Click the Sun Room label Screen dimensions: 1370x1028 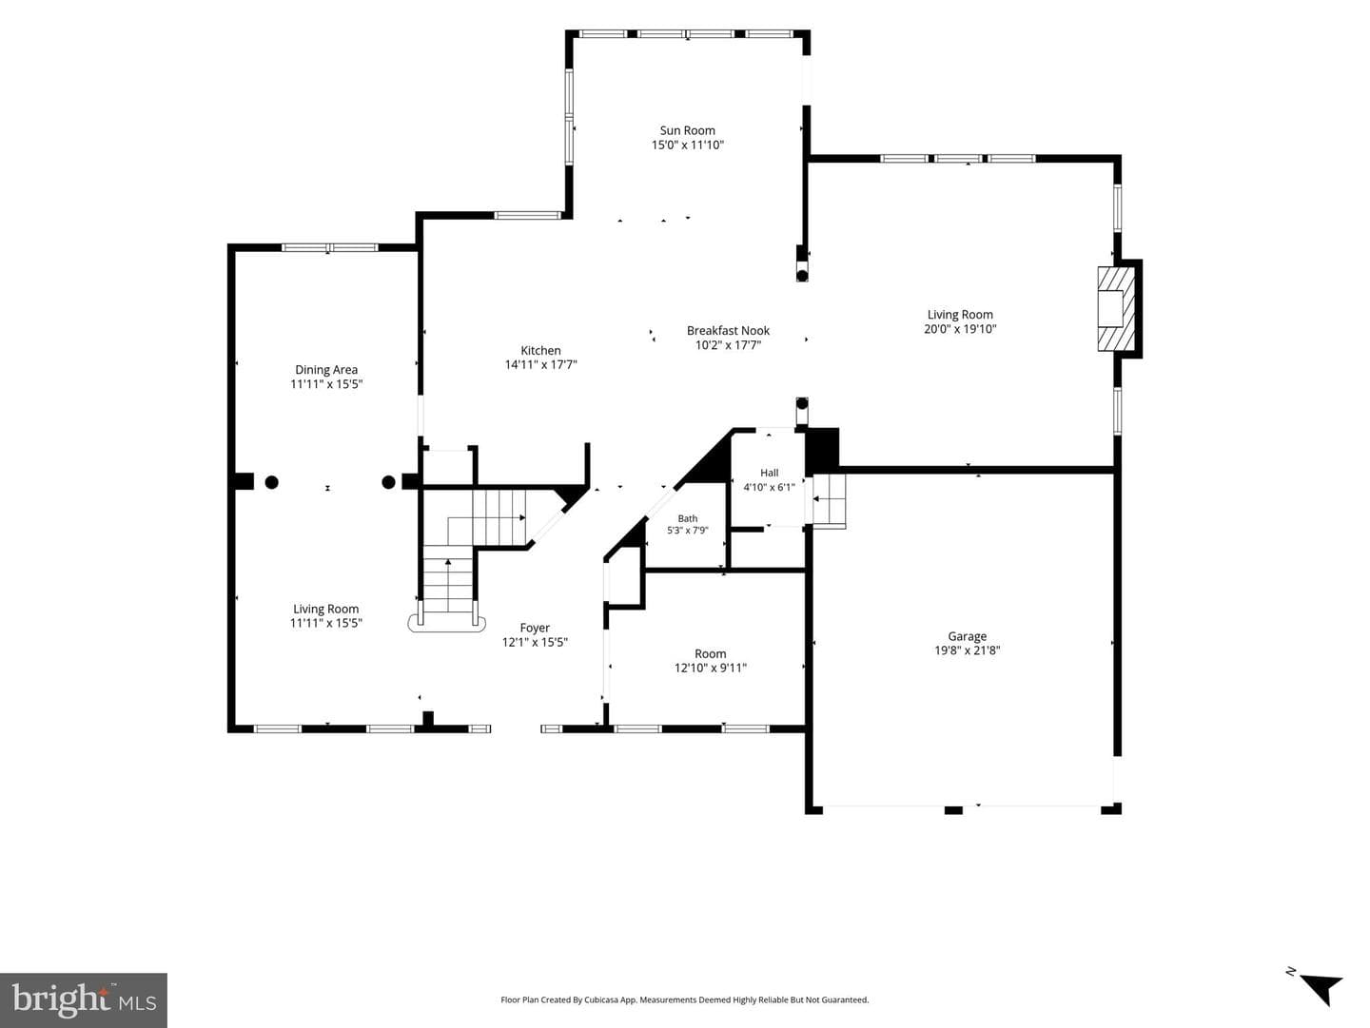[687, 130]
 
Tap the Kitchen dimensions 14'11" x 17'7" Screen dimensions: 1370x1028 [540, 364]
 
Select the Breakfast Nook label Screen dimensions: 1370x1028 [728, 331]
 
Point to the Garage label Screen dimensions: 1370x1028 [967, 636]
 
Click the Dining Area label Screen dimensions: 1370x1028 [325, 370]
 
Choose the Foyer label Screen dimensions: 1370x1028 [535, 628]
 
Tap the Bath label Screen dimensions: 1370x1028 [687, 518]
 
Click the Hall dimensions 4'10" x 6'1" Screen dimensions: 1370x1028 [769, 487]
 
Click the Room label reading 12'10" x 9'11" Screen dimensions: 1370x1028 [711, 653]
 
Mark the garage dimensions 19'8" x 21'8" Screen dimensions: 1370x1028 [967, 650]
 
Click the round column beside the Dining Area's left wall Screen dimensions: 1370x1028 [271, 482]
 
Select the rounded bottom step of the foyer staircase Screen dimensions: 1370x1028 [447, 623]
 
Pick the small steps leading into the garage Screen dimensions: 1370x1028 [829, 501]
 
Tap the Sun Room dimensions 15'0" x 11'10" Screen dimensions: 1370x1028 [687, 145]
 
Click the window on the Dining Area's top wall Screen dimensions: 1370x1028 [329, 247]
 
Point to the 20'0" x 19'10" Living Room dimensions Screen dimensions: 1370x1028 [960, 329]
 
